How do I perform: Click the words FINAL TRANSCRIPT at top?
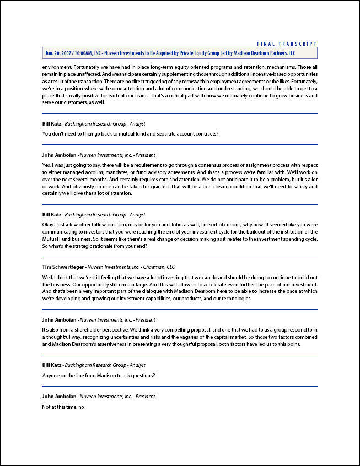pos(287,44)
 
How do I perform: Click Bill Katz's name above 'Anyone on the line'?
pos(53,365)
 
